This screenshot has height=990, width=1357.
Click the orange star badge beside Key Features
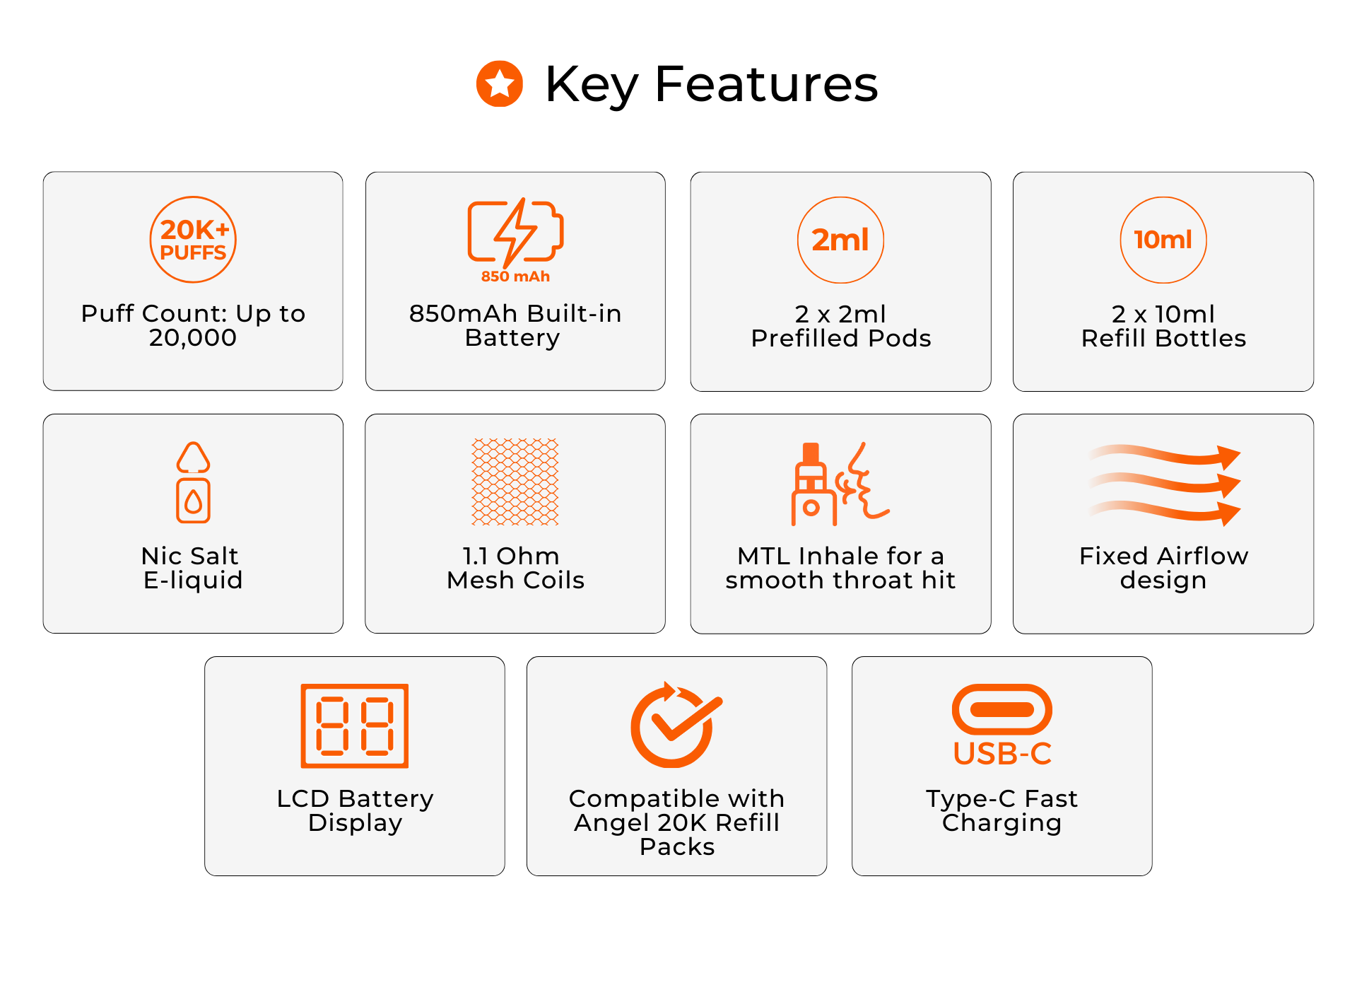500,83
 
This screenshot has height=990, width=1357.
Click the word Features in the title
767,84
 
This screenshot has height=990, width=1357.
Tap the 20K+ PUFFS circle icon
193,240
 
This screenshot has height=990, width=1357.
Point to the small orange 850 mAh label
515,276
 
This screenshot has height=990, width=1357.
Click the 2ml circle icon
840,240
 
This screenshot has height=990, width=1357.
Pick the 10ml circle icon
1163,240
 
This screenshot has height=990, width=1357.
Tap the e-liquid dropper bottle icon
193,482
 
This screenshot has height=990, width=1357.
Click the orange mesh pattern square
515,482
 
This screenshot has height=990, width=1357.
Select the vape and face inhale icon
840,484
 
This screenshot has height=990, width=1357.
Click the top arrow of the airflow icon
1165,455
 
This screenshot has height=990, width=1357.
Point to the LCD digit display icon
355,726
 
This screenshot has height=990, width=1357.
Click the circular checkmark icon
676,725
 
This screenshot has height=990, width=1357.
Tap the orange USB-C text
1002,754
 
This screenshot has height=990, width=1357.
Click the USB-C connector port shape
1002,709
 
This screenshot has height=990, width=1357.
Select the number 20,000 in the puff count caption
193,338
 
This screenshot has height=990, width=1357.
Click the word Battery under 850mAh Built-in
512,339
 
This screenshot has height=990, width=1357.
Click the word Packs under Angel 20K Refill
677,847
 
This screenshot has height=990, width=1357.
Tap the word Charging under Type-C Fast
1002,823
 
